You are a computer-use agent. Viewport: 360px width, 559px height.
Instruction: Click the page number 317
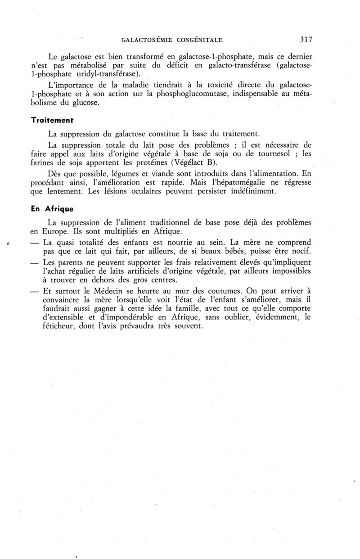pyautogui.click(x=306, y=40)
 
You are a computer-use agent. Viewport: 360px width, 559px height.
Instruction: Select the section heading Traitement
pyautogui.click(x=52, y=121)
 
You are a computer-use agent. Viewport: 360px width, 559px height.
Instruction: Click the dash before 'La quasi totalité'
pyautogui.click(x=34, y=243)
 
